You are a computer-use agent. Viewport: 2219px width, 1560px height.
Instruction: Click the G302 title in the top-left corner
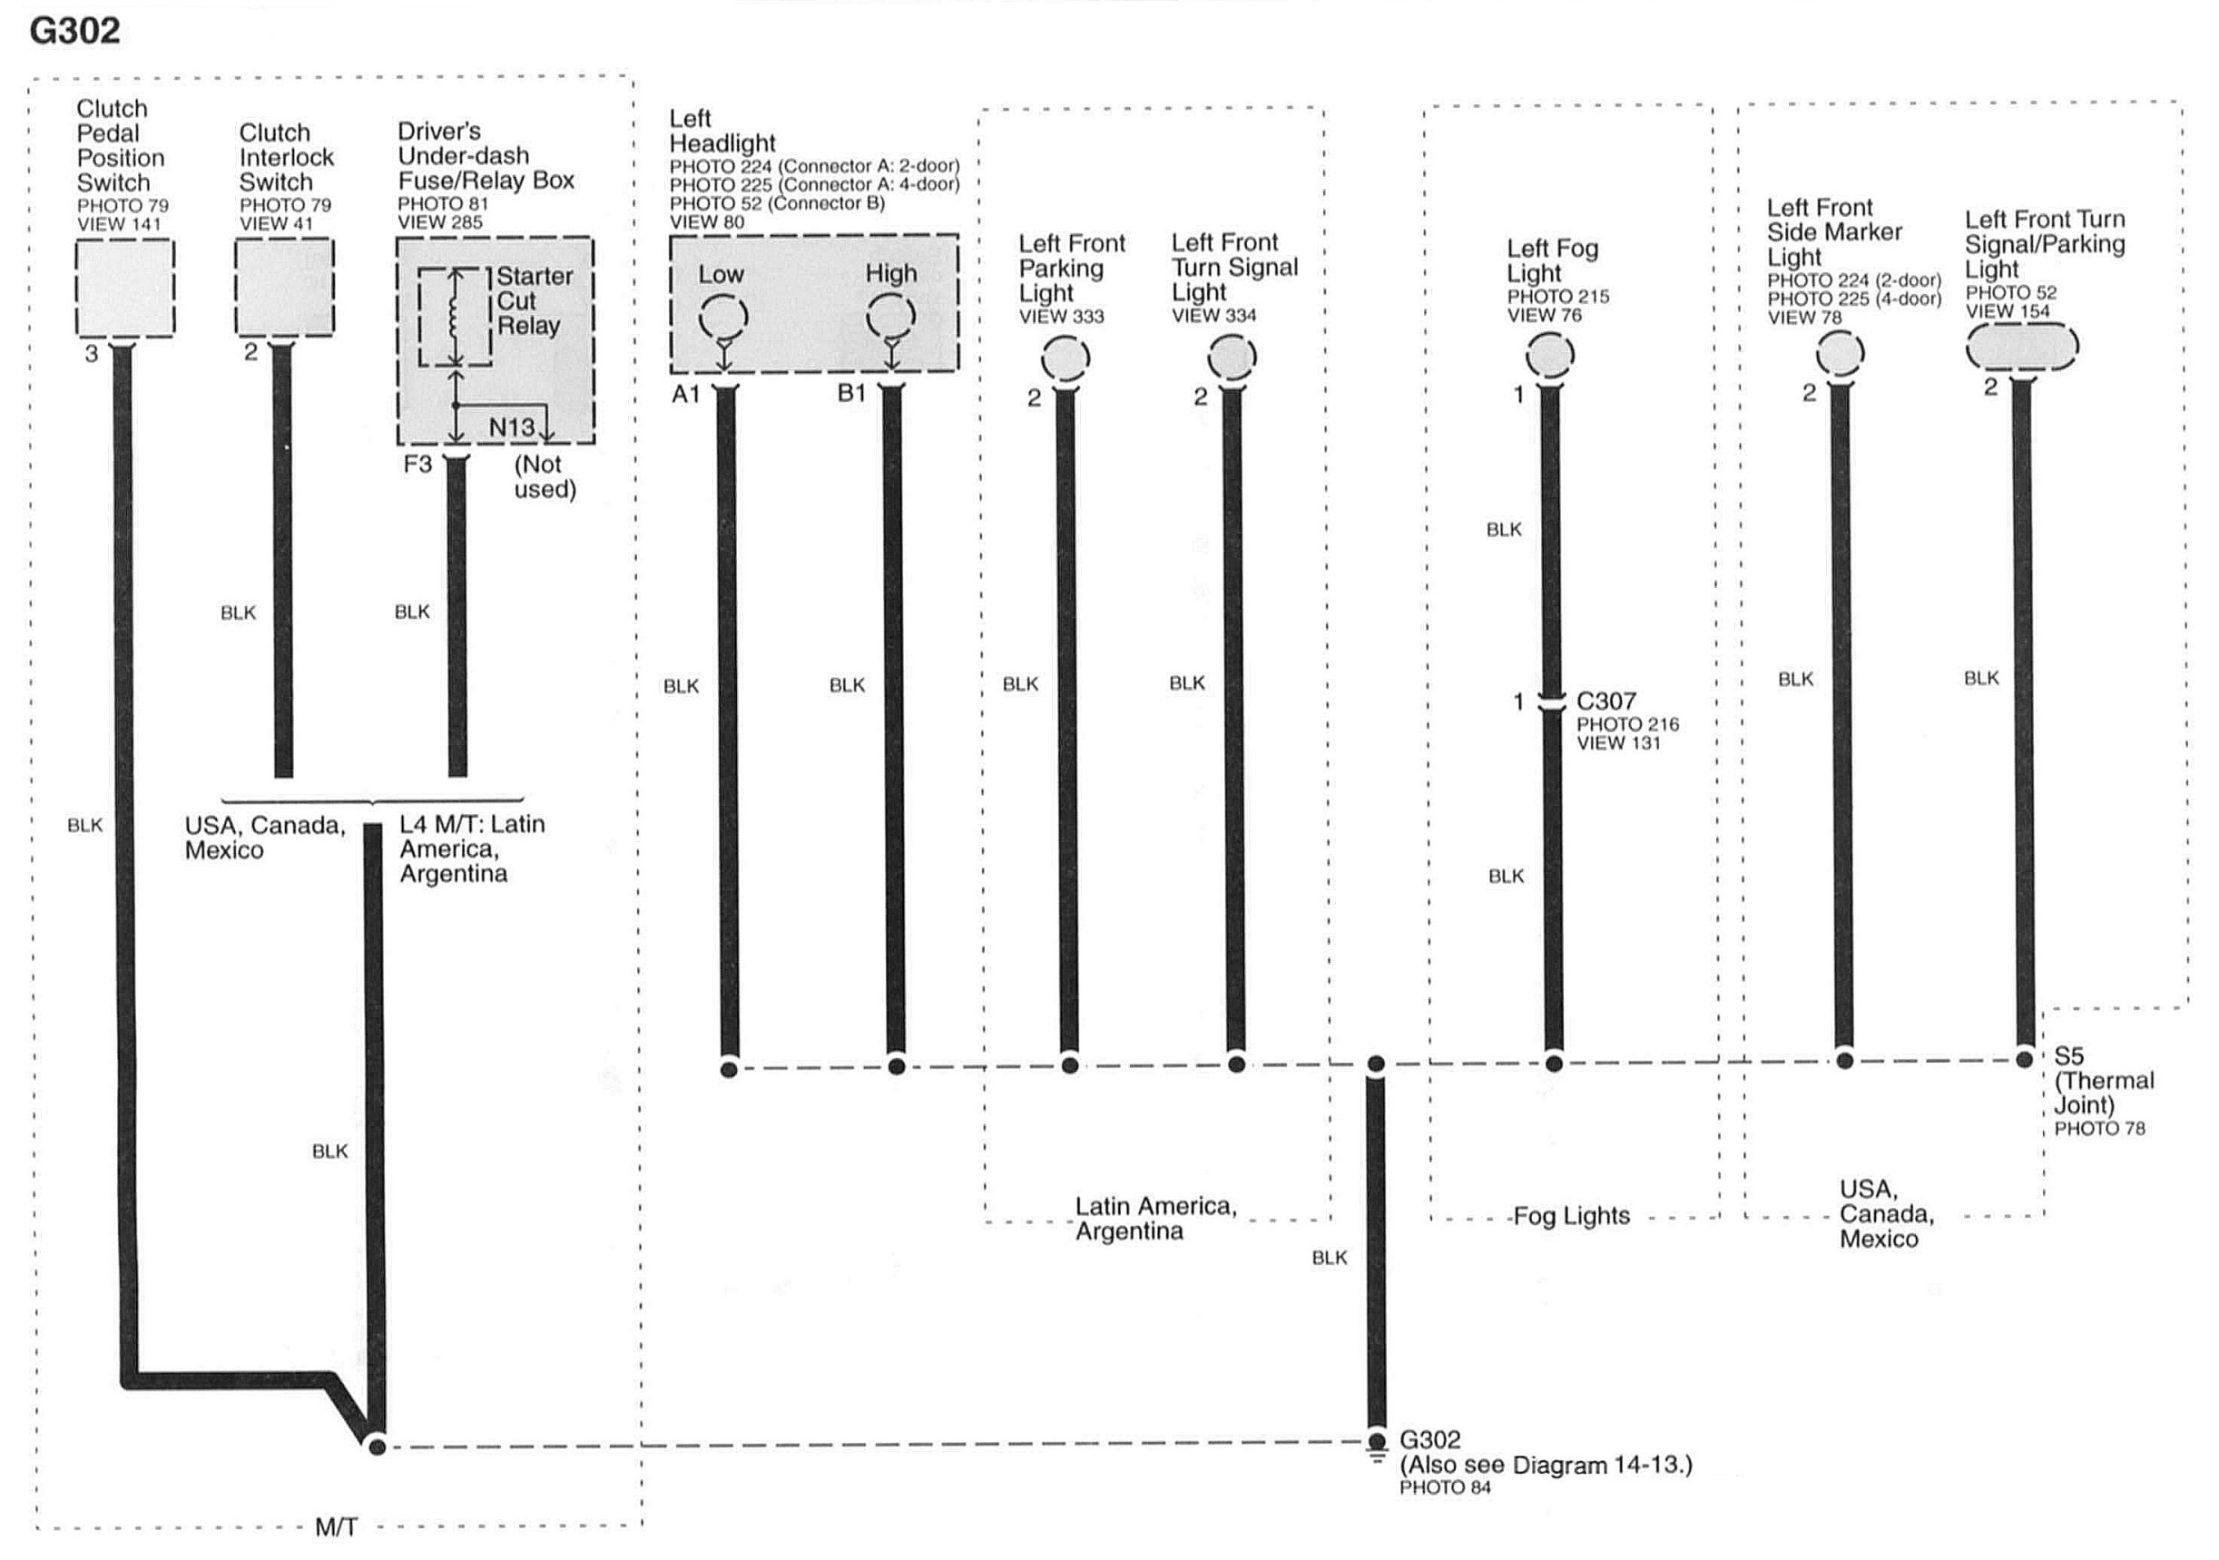(x=74, y=31)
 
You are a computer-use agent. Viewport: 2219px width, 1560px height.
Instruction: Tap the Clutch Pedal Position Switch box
(x=124, y=287)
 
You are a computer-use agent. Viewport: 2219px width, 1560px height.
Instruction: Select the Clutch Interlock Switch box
(x=284, y=287)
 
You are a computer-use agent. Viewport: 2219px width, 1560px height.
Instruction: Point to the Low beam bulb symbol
(x=723, y=316)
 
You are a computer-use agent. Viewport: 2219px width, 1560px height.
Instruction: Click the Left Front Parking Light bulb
(x=1065, y=358)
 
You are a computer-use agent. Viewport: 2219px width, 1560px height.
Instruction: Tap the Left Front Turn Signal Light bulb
(x=1232, y=358)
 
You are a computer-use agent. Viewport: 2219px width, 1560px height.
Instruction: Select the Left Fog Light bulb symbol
(x=1549, y=356)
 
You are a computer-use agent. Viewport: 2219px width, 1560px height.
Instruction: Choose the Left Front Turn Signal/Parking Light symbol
(x=2022, y=346)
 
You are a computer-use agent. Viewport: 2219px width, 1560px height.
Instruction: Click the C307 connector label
(x=1606, y=701)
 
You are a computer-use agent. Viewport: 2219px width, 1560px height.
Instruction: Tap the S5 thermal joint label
(x=2068, y=1055)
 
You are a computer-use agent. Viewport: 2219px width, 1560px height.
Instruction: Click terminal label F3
(x=417, y=465)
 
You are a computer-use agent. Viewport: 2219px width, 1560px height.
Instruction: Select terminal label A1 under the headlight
(x=685, y=395)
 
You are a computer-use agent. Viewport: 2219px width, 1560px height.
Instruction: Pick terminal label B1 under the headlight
(x=851, y=393)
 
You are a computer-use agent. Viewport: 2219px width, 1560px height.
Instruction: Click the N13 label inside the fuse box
(x=511, y=427)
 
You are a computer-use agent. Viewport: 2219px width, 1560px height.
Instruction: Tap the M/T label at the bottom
(x=337, y=1527)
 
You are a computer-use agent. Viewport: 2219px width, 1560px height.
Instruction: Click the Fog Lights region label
(x=1572, y=1216)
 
